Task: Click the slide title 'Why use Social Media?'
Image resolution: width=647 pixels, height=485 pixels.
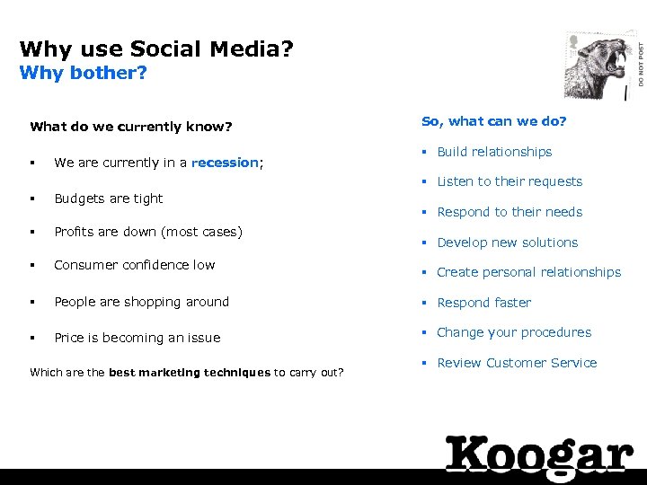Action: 156,48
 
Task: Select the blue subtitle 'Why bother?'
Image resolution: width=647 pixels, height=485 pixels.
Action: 83,72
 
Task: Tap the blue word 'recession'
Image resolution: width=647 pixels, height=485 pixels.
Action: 225,163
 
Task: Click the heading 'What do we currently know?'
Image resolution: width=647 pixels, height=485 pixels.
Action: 131,127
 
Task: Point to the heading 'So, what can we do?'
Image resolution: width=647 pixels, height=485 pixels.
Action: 494,121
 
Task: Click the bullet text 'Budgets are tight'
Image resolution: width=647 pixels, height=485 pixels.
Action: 109,198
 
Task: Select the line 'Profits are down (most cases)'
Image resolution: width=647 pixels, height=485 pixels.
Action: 148,232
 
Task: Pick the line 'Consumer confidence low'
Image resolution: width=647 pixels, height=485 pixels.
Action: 135,265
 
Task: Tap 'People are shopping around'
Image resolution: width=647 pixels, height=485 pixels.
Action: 142,302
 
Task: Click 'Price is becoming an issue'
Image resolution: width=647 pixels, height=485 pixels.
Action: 137,338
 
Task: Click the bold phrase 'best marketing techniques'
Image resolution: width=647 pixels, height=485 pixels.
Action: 190,372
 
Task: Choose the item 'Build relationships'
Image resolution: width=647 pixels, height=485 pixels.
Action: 494,152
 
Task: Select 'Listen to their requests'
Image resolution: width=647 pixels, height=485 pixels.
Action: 510,181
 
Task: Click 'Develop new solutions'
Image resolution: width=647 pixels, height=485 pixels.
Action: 507,242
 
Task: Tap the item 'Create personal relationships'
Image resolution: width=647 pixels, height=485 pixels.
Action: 528,272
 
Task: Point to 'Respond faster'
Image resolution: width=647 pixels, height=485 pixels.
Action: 483,303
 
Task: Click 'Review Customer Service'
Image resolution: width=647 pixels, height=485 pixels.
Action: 517,363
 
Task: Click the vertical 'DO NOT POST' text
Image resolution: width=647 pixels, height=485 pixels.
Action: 641,67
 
